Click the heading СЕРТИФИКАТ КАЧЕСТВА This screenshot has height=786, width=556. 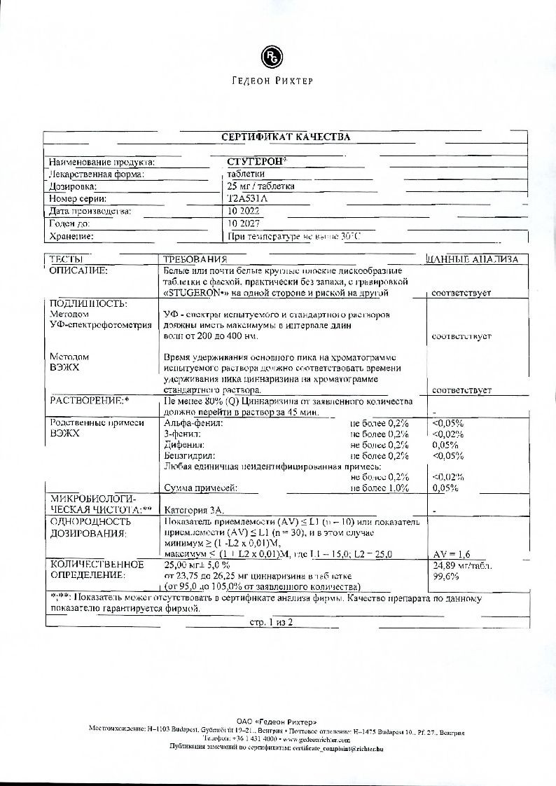coord(286,137)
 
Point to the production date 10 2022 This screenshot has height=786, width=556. coord(239,211)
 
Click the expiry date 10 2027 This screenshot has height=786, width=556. coord(239,223)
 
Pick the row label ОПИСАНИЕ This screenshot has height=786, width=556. coord(78,270)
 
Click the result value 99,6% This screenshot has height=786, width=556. coord(446,577)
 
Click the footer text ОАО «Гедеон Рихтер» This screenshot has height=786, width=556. coord(277,722)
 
